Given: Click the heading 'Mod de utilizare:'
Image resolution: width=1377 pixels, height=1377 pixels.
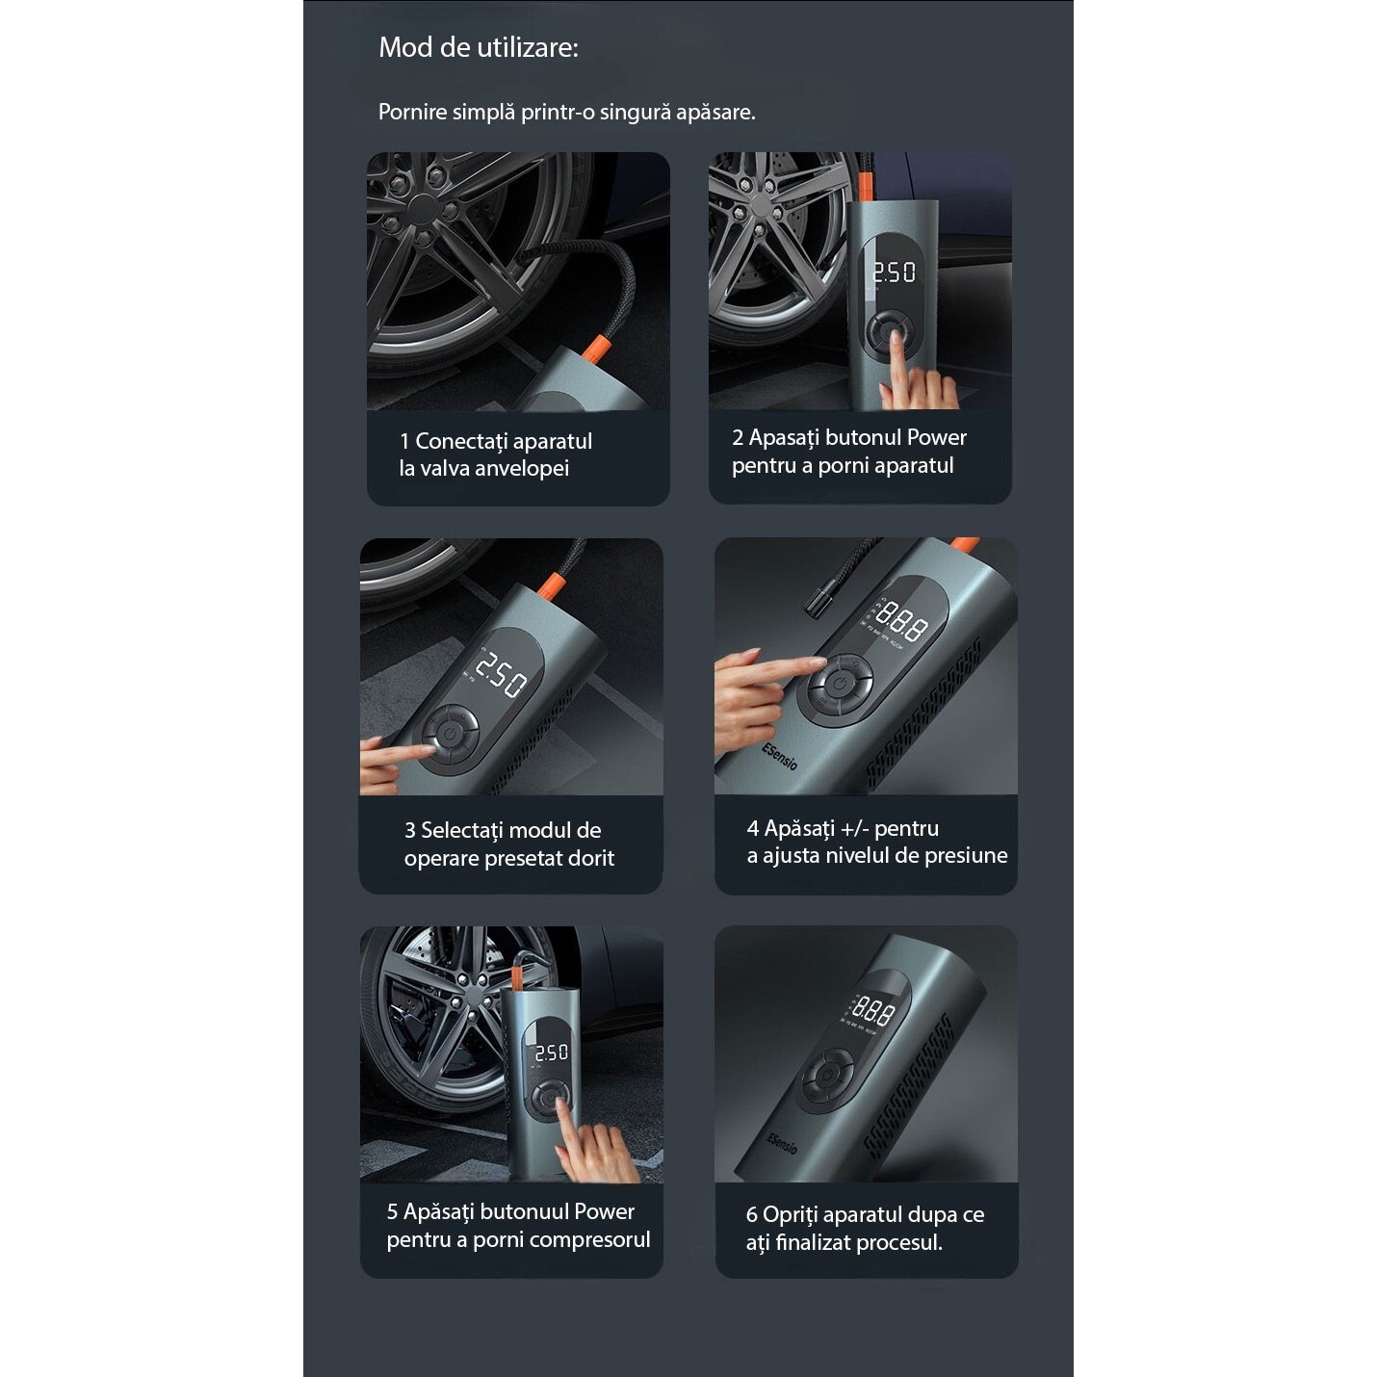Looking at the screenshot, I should (x=479, y=47).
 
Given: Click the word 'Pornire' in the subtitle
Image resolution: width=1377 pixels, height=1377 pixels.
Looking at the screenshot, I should (x=412, y=112).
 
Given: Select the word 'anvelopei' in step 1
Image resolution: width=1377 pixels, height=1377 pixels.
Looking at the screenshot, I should (x=521, y=468).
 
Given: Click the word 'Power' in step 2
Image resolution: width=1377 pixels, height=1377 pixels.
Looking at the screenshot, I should (x=936, y=437).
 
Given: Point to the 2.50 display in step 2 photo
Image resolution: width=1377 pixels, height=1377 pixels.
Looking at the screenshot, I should (x=894, y=273).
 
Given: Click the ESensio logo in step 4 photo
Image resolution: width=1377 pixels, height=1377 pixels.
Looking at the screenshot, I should (x=780, y=756).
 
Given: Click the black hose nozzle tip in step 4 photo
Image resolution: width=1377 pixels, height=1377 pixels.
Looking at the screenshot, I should (x=818, y=597).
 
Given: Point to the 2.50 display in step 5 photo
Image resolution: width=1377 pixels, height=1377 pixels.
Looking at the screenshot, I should (x=551, y=1052).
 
